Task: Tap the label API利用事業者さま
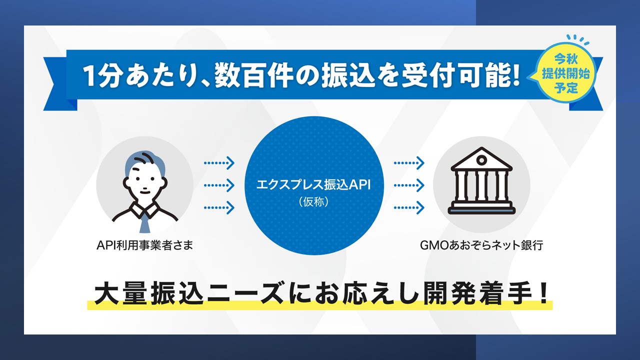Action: click(x=145, y=245)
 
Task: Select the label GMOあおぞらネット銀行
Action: click(x=481, y=245)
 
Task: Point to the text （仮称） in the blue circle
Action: click(x=313, y=203)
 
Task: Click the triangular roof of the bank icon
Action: click(x=481, y=159)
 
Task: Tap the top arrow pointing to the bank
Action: click(x=409, y=162)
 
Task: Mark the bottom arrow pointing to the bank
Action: click(x=409, y=207)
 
